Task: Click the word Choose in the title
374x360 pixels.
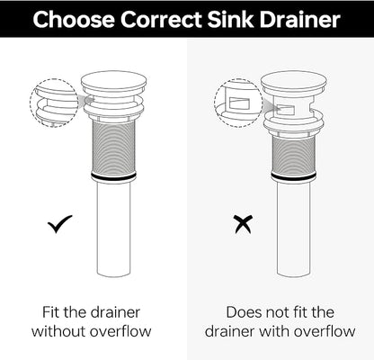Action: (74, 20)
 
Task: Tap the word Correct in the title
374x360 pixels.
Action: (161, 20)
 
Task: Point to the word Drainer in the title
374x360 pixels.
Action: (300, 20)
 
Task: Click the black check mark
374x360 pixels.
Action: (59, 224)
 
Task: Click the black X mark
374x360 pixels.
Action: (244, 225)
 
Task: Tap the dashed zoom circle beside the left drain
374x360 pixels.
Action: (31, 103)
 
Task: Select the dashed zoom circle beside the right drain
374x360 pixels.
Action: (215, 103)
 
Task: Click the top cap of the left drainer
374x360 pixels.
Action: (114, 83)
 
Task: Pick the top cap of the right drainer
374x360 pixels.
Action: (294, 83)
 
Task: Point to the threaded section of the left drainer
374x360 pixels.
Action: (114, 148)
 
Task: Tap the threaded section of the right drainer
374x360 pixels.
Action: (294, 156)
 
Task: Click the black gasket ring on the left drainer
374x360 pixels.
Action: (114, 177)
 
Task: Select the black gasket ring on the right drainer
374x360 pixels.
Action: (294, 177)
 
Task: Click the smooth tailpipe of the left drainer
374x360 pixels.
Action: (114, 229)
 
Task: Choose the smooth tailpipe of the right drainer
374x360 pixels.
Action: (294, 229)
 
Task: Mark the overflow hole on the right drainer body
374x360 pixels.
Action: (285, 110)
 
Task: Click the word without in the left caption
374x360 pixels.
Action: (59, 331)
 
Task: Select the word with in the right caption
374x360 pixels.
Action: (273, 331)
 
